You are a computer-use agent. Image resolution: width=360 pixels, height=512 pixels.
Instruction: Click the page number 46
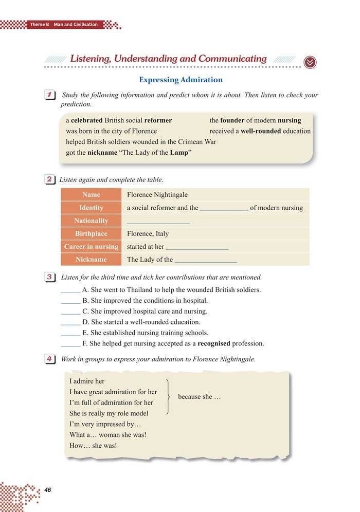click(x=48, y=489)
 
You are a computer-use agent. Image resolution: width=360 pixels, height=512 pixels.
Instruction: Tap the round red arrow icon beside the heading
click(x=310, y=62)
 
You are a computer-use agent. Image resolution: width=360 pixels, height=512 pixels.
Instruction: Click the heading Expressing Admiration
click(x=181, y=80)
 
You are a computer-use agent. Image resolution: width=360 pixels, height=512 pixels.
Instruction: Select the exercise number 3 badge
click(x=50, y=278)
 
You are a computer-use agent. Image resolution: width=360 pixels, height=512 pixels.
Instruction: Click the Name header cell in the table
click(x=91, y=195)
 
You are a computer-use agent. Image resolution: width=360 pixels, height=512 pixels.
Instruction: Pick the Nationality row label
click(x=91, y=221)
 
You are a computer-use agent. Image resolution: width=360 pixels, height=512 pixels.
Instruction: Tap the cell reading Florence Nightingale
click(x=157, y=195)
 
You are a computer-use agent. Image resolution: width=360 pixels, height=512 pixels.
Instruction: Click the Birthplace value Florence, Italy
click(x=148, y=233)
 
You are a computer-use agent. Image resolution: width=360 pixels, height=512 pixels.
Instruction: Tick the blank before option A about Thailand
click(x=70, y=290)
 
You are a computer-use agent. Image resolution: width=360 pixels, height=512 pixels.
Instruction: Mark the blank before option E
click(x=70, y=333)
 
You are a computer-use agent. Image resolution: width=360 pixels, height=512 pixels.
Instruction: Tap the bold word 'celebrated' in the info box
click(x=86, y=120)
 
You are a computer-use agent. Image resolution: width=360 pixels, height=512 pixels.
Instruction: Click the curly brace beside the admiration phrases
click(x=169, y=397)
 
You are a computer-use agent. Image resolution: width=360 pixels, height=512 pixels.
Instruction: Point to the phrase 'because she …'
click(x=200, y=397)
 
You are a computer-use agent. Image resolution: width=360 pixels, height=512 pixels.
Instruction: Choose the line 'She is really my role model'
click(x=109, y=413)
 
